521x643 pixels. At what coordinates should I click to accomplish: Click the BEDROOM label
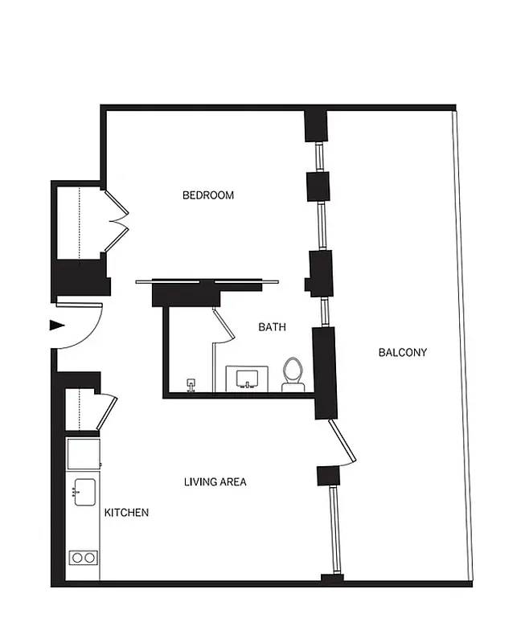(208, 195)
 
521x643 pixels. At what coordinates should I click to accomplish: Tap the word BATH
(272, 327)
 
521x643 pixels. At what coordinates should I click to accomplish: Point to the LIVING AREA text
(215, 482)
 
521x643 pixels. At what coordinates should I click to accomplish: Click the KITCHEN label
(126, 512)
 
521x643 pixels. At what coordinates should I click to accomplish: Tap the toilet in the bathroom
(292, 374)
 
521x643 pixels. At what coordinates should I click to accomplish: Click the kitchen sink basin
(83, 491)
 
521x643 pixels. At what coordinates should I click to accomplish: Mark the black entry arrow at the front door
(56, 326)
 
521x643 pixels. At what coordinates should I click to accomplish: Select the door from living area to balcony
(342, 442)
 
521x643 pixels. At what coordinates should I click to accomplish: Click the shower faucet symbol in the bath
(191, 384)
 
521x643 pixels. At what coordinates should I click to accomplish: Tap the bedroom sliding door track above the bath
(207, 281)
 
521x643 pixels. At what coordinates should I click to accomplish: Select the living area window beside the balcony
(335, 529)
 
